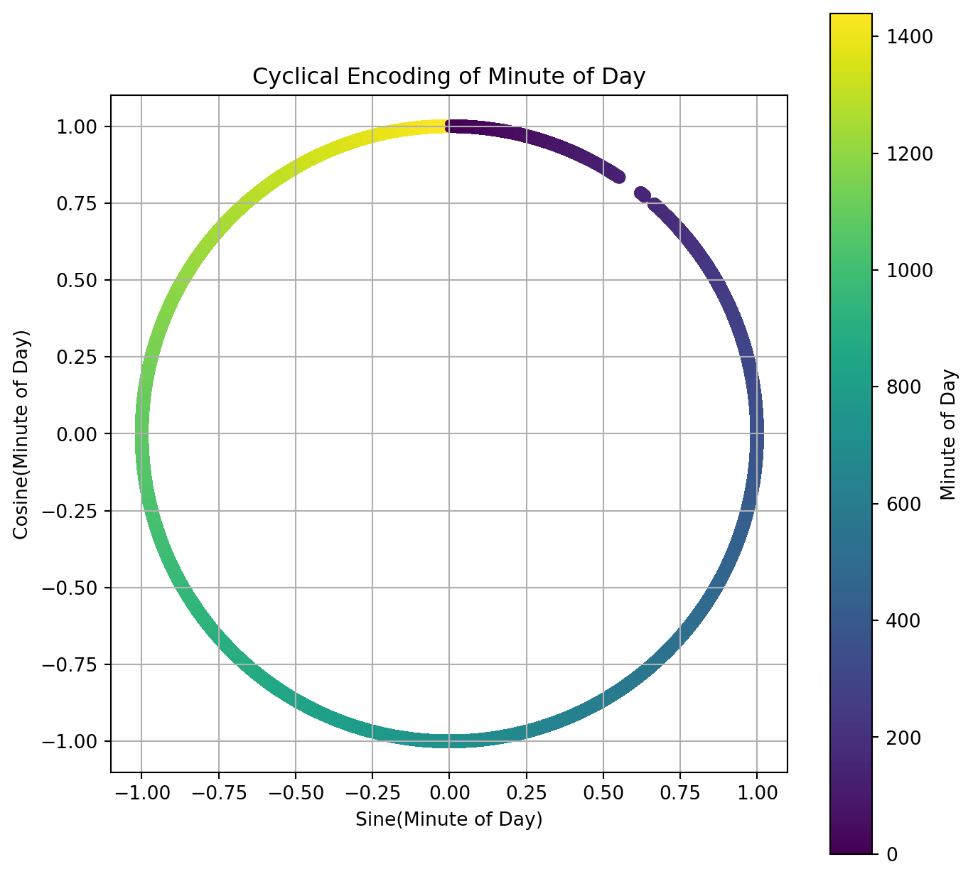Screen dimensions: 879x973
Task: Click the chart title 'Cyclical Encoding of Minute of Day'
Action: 448,76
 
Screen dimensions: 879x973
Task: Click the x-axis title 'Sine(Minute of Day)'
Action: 448,819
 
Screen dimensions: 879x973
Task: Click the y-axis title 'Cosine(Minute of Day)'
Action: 22,433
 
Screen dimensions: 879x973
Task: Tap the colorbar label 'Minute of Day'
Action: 948,433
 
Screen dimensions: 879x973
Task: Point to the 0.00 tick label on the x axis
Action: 448,792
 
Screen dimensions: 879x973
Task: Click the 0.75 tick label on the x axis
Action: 679,792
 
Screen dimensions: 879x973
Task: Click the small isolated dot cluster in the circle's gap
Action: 643,194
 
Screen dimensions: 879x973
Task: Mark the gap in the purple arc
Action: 630,184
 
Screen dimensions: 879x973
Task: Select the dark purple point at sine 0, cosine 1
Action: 449,126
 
